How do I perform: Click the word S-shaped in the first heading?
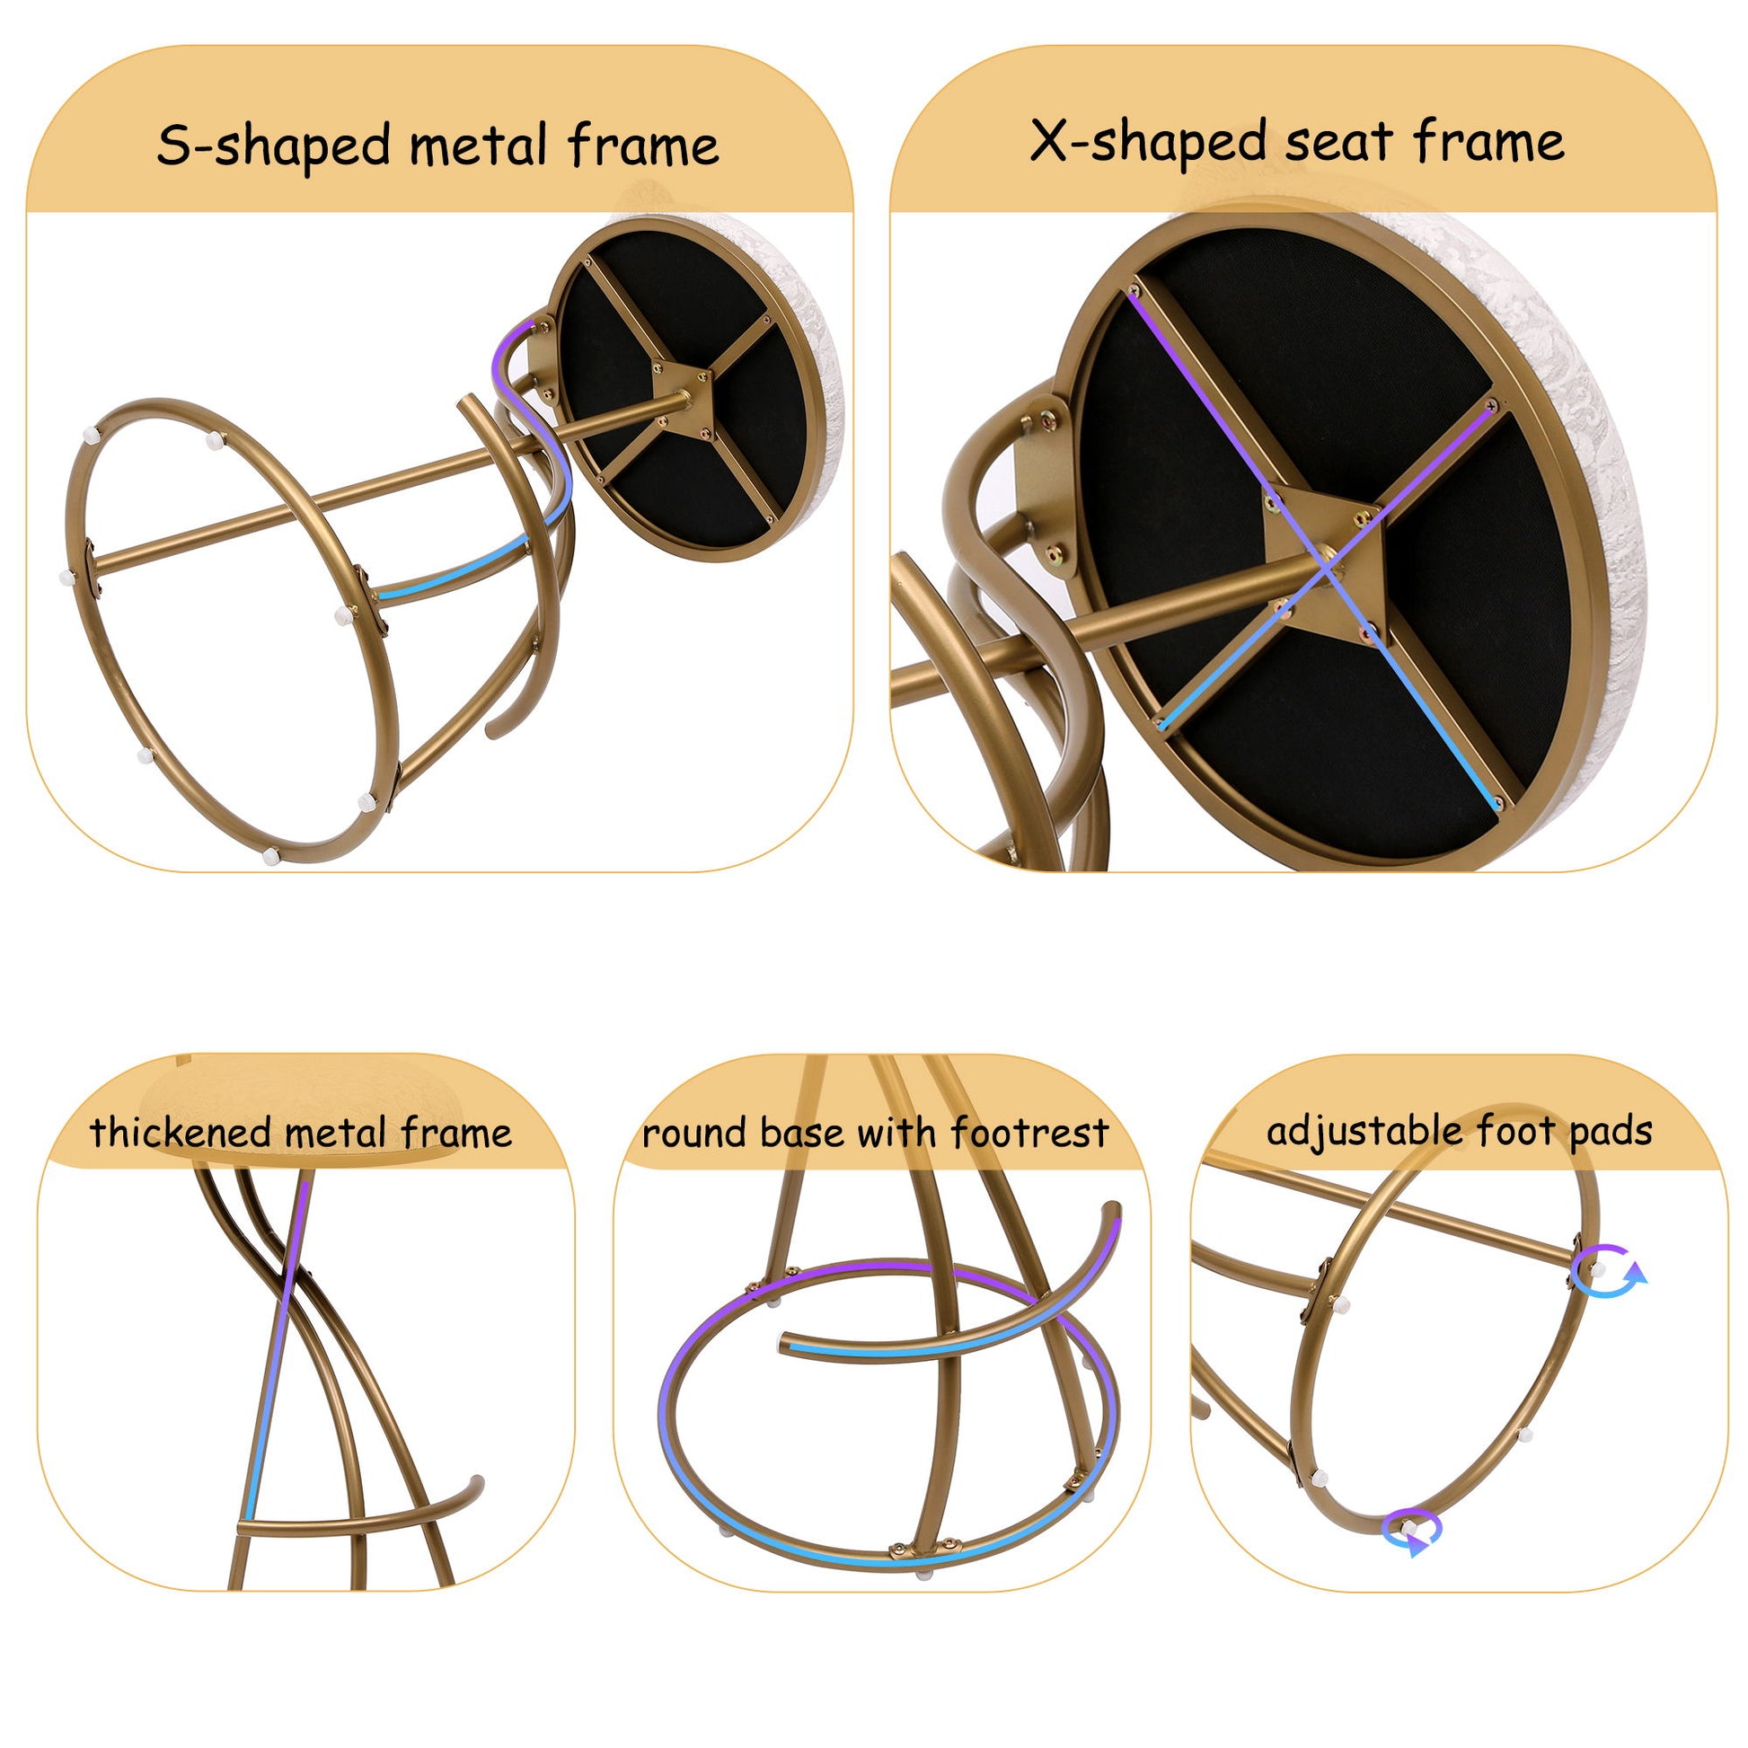276,146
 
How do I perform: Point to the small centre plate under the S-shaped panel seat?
683,399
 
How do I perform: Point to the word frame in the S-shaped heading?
643,146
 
